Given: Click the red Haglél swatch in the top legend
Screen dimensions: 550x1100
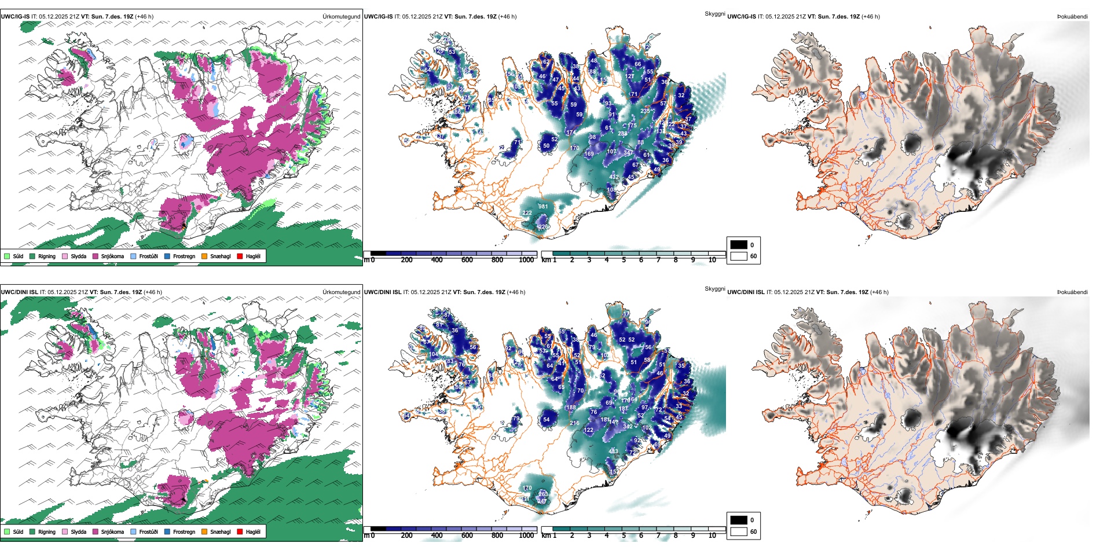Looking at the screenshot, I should click(240, 256).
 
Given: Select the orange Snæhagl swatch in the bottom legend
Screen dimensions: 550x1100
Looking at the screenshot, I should click(204, 531).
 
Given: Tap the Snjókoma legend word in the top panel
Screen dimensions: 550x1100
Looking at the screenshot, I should click(112, 256).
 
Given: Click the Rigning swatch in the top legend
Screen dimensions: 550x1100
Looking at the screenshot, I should click(32, 256).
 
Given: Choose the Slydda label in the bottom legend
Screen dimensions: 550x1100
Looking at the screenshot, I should click(78, 531).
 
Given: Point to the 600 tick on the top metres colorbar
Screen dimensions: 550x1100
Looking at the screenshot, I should click(467, 260).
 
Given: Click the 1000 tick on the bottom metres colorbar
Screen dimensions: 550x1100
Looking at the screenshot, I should click(526, 536).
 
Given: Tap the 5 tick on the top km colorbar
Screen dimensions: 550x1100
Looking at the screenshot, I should click(624, 260).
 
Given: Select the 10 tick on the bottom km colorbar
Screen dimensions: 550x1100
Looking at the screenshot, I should click(712, 536).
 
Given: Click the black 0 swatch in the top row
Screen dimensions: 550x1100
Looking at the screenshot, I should click(739, 245).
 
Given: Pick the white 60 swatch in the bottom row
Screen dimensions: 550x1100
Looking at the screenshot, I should click(739, 531).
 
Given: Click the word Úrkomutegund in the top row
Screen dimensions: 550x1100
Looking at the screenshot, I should click(341, 17).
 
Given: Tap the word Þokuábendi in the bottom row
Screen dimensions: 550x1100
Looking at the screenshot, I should click(1072, 292).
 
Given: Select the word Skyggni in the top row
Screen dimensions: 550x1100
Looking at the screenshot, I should click(714, 13).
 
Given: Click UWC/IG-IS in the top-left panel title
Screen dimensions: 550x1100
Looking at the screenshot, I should click(15, 17).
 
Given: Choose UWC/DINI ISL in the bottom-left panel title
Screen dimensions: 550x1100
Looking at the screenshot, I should click(19, 292).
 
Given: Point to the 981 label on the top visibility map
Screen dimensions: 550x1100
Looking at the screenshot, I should click(542, 207).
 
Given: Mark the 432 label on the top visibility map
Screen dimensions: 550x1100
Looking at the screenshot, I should click(614, 177).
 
